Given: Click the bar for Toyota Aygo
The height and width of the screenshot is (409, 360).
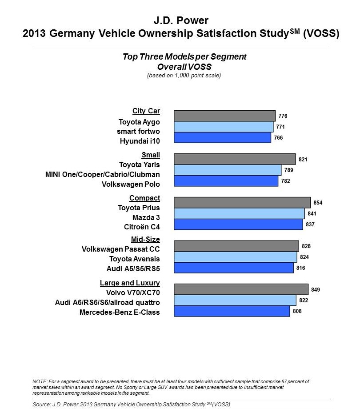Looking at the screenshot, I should (x=224, y=116).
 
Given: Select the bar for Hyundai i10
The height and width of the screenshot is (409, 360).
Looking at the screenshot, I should (x=222, y=138).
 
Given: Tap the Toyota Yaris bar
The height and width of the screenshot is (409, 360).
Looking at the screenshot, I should (x=235, y=159).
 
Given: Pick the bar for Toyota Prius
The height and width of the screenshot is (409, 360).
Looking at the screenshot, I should (x=242, y=202).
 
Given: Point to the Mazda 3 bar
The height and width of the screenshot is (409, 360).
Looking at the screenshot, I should (x=239, y=213).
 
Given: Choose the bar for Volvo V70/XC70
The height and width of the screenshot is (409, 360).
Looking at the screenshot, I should (x=241, y=289).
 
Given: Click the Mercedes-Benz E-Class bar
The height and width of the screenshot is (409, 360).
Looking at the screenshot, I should (x=232, y=311).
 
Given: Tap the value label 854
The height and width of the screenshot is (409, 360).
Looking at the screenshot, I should (x=318, y=203).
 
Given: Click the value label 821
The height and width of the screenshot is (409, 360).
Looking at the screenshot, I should (x=303, y=159).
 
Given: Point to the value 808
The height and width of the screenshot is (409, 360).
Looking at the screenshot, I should (x=297, y=311).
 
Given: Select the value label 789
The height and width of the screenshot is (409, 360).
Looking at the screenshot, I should (x=288, y=170).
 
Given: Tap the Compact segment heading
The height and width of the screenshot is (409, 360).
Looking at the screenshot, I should (x=144, y=198).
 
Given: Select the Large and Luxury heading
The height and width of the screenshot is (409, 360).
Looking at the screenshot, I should (x=130, y=283).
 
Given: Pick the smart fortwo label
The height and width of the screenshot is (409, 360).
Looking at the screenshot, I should (x=138, y=131).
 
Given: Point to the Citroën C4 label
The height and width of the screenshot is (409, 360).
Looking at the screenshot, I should (x=142, y=227).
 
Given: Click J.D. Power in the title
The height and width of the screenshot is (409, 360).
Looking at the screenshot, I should (x=180, y=20).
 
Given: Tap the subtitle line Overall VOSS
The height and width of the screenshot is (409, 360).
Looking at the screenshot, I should (x=184, y=66).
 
